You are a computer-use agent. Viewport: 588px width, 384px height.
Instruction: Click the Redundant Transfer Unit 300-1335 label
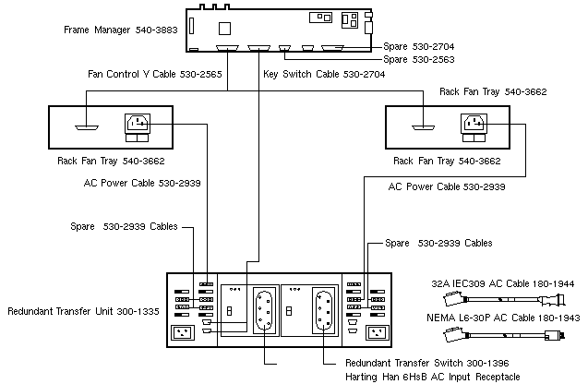(x=80, y=312)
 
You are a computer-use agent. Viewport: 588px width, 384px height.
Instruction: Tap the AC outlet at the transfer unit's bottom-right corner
(x=377, y=332)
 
